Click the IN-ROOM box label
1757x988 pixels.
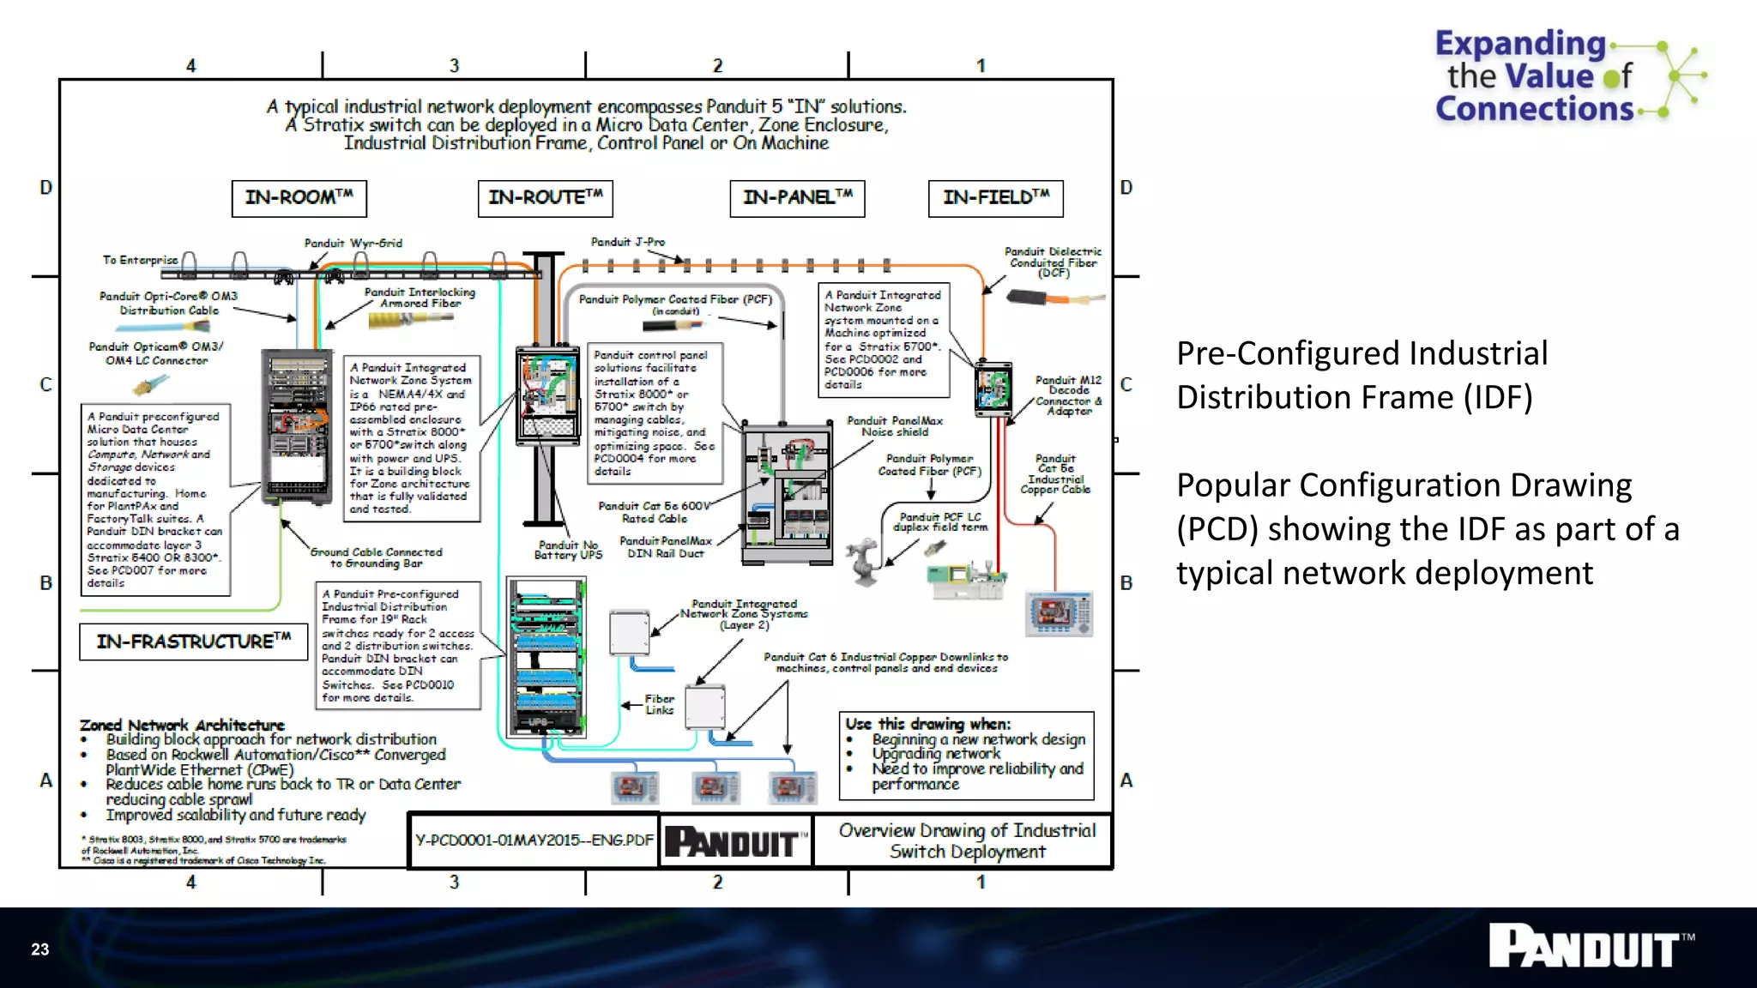(x=299, y=198)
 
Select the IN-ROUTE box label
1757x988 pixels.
(x=545, y=198)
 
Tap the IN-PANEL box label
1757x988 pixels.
(x=797, y=198)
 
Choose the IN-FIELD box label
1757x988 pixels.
(x=995, y=198)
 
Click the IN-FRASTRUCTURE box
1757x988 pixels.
(x=193, y=642)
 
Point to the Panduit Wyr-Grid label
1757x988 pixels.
(x=353, y=244)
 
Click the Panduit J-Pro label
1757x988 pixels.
(x=628, y=243)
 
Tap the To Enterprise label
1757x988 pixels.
(x=140, y=260)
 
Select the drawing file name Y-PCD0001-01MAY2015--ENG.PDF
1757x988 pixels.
(x=534, y=840)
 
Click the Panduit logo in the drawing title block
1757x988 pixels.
(x=736, y=841)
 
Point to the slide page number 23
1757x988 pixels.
(x=40, y=949)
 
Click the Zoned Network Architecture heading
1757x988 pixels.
(x=182, y=725)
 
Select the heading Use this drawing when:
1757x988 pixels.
(x=927, y=724)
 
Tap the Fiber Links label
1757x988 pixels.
(x=660, y=704)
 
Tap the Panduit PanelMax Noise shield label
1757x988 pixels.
(x=895, y=426)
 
